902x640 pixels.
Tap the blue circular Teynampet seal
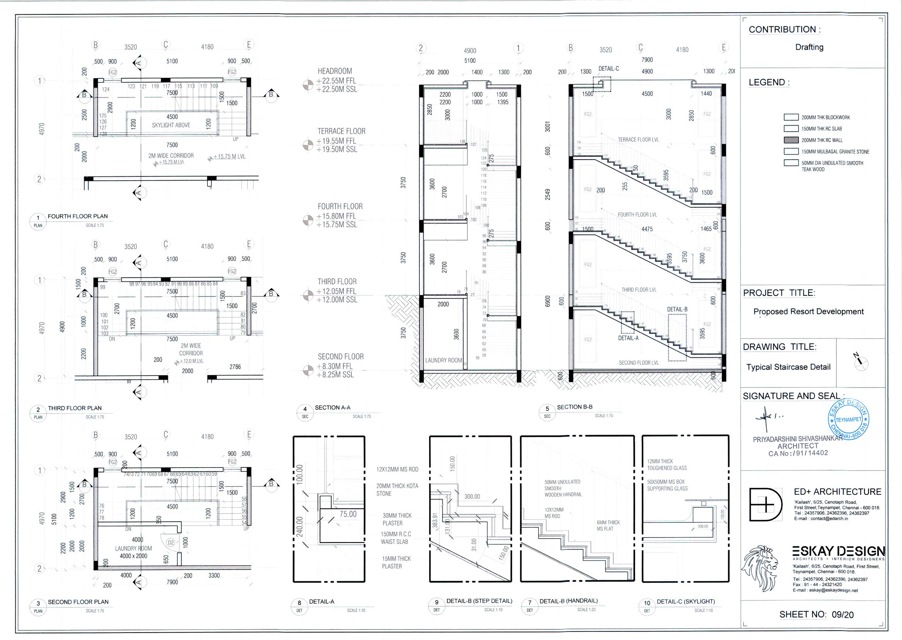(x=848, y=420)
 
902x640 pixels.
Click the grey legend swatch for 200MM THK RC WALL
(x=791, y=140)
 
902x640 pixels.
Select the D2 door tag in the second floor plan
(x=170, y=543)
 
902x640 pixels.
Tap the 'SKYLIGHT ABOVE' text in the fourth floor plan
(x=171, y=125)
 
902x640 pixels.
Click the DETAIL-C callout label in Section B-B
(x=609, y=68)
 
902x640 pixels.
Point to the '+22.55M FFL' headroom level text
(x=336, y=81)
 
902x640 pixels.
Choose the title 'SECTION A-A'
(x=332, y=408)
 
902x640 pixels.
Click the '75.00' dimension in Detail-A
(x=348, y=514)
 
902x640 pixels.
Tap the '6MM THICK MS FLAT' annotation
(x=608, y=525)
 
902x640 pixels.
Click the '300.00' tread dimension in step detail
(x=472, y=497)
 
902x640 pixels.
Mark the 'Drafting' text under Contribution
(x=809, y=47)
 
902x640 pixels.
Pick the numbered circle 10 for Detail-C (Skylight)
(x=647, y=603)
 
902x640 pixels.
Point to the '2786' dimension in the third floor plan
(x=235, y=367)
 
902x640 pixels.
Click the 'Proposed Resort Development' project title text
(x=808, y=311)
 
